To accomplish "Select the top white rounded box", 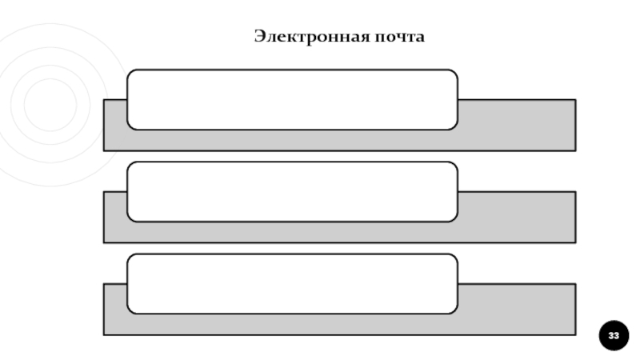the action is [x=292, y=99].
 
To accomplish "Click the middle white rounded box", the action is [x=292, y=191].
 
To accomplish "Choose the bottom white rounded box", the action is [x=292, y=283].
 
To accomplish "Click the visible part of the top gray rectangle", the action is [x=517, y=125].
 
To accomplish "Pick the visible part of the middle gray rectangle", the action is [x=517, y=217].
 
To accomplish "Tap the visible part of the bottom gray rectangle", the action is [x=517, y=309].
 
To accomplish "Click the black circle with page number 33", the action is [x=614, y=335].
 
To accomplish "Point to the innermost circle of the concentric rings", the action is [x=50, y=104].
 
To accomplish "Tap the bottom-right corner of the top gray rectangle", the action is [x=574, y=150].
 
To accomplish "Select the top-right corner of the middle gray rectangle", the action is [x=574, y=193].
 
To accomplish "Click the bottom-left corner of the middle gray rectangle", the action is [x=105, y=242].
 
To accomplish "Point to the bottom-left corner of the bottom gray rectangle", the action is [x=105, y=334].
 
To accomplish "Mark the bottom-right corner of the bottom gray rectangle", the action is [x=574, y=334].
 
